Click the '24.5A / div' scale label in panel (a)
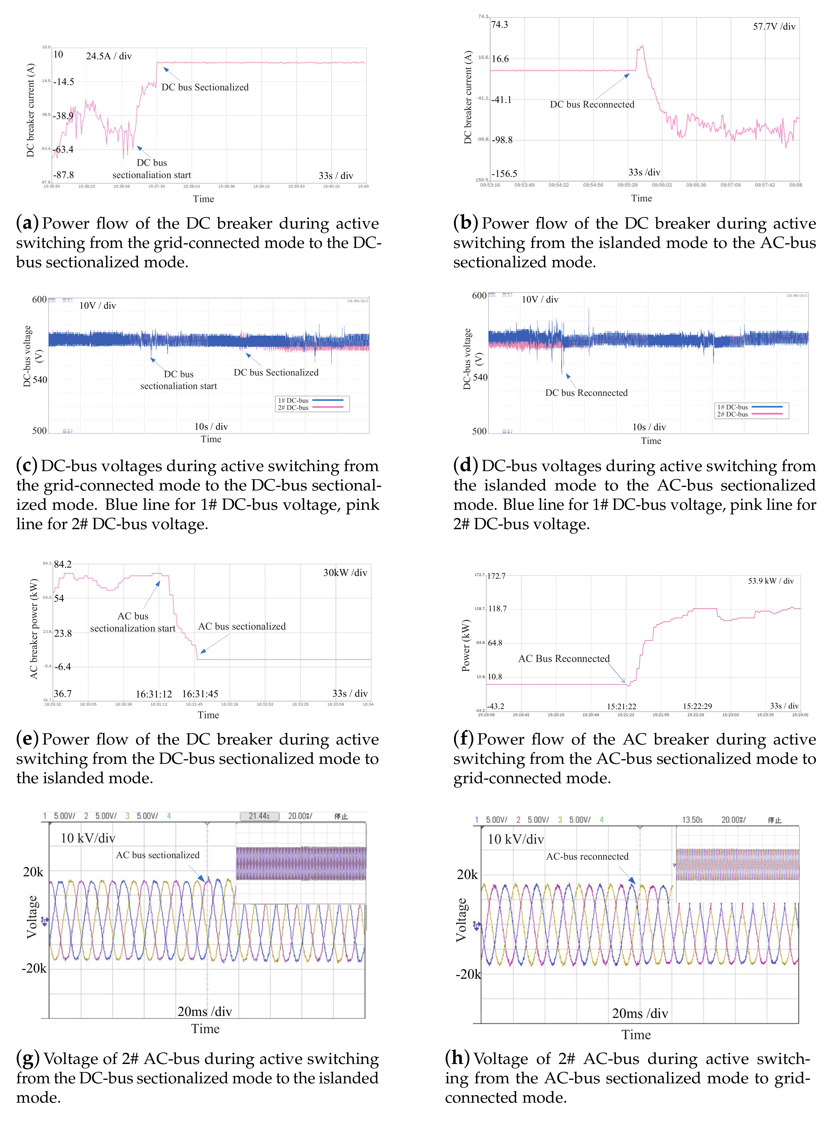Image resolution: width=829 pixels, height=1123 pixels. tap(109, 56)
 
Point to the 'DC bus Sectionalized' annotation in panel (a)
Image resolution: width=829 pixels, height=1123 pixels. tap(205, 87)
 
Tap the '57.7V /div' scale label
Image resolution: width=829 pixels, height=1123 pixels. tap(774, 27)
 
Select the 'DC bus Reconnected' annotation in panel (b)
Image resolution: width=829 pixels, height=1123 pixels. tap(592, 104)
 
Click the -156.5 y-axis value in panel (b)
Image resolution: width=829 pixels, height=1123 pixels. tap(504, 174)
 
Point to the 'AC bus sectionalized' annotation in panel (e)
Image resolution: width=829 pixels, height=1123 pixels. tap(242, 626)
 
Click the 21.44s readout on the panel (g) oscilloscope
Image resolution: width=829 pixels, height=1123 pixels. tap(259, 816)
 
